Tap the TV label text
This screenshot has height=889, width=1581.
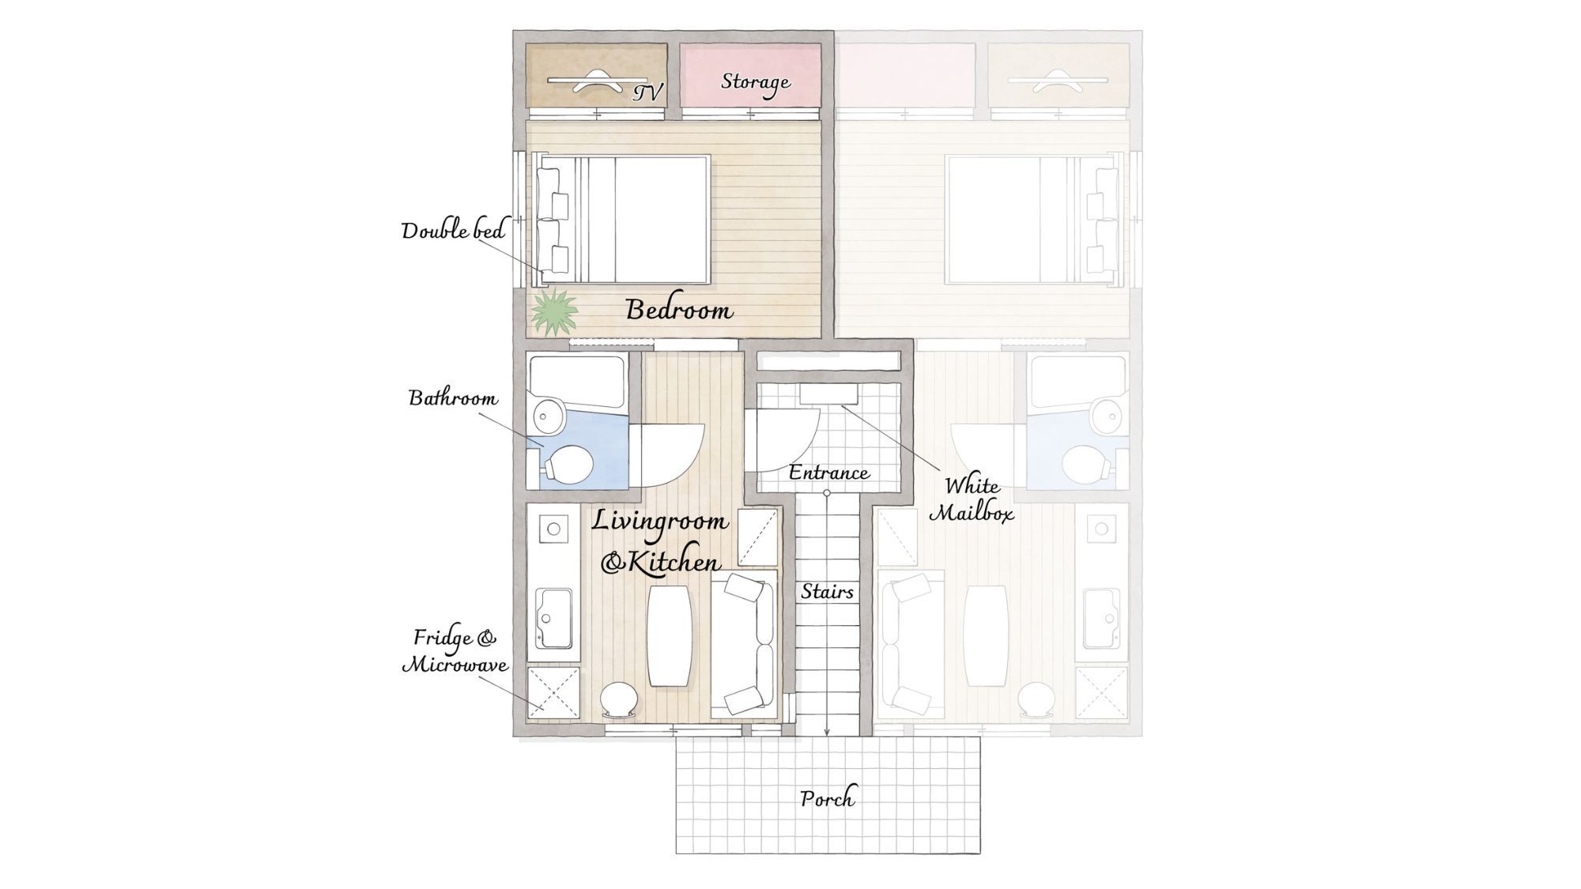click(x=647, y=93)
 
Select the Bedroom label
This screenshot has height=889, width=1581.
click(x=679, y=309)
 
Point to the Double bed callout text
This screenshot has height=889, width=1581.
click(x=453, y=231)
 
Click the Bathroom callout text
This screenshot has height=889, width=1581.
click(x=453, y=397)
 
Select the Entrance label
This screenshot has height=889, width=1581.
click(x=828, y=473)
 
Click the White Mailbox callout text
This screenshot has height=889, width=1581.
click(x=972, y=499)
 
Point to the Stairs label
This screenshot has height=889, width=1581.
click(x=827, y=591)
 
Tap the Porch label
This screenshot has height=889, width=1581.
click(x=827, y=798)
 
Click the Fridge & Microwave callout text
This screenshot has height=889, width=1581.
click(x=455, y=651)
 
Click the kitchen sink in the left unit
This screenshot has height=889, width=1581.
click(x=553, y=617)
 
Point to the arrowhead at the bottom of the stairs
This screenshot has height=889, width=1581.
click(x=827, y=732)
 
